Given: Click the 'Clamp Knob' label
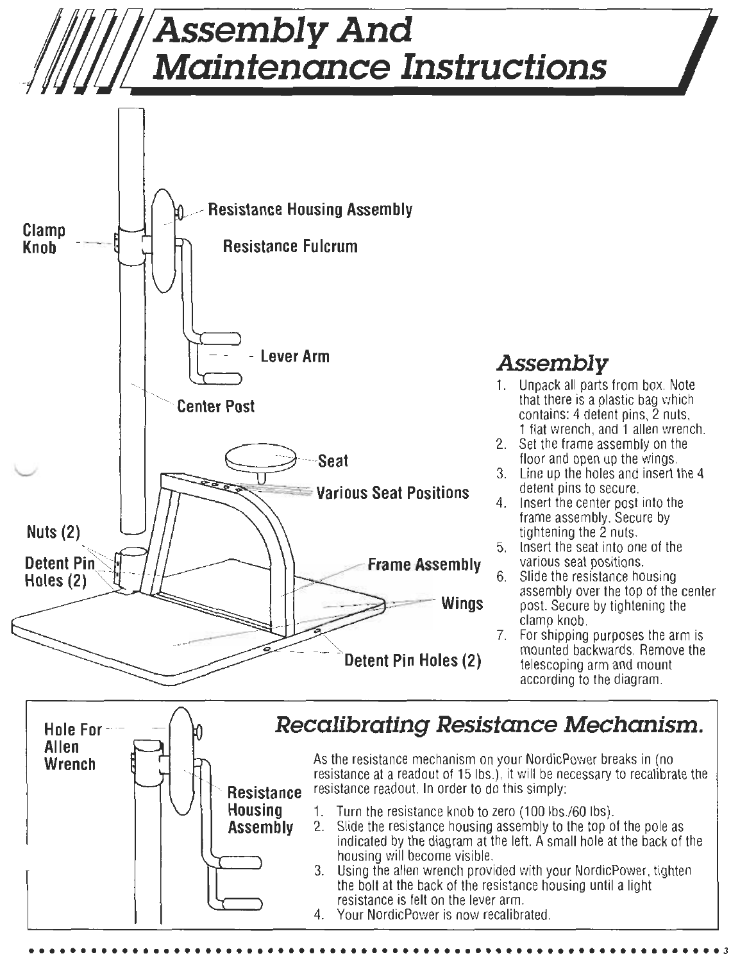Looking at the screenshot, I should pyautogui.click(x=40, y=239).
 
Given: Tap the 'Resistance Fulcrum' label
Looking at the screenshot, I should pyautogui.click(x=290, y=246).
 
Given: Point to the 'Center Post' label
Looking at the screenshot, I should pyautogui.click(x=215, y=406).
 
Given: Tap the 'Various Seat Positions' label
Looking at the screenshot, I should pyautogui.click(x=393, y=492).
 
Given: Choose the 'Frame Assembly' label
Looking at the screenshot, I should pyautogui.click(x=424, y=565).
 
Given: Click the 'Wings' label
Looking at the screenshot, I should pyautogui.click(x=462, y=604).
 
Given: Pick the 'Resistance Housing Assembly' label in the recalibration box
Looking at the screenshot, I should pyautogui.click(x=264, y=810).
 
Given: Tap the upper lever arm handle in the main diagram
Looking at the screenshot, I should pyautogui.click(x=220, y=338).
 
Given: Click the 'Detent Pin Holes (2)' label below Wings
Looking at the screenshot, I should pyautogui.click(x=413, y=660).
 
